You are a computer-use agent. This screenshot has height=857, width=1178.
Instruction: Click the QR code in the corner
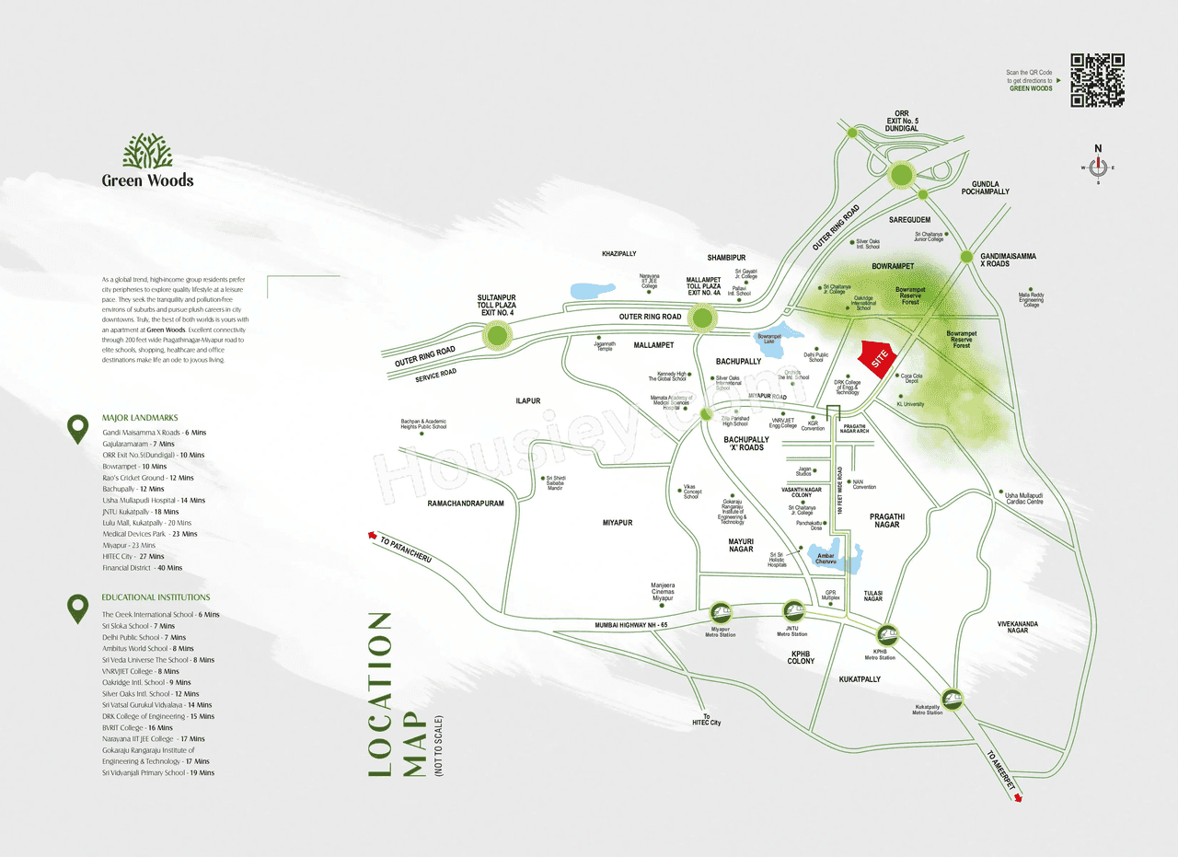1097,80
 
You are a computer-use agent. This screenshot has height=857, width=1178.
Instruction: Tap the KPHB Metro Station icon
886,634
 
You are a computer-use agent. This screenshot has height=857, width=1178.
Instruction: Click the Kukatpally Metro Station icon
952,699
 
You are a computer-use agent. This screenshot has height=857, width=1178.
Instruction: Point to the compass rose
1097,168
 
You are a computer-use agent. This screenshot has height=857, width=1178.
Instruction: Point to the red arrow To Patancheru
373,534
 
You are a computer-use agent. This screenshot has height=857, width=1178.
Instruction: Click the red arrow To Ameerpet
1018,799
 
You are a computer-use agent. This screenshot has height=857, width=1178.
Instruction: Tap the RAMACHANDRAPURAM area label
466,504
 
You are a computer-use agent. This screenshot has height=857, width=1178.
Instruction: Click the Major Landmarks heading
142,418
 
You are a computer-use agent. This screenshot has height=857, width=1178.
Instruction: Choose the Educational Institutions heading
156,597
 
